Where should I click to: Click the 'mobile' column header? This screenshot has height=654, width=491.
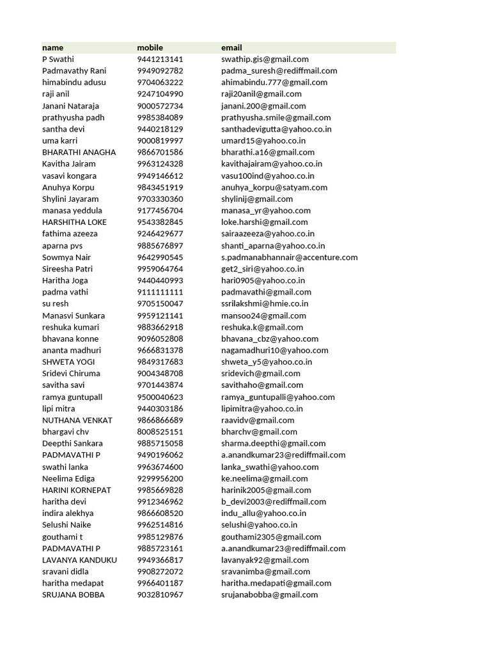click(x=150, y=47)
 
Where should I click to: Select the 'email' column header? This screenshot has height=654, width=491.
click(x=231, y=47)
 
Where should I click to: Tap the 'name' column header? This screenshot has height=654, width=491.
click(x=52, y=47)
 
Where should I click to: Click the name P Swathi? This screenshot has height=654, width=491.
click(x=58, y=59)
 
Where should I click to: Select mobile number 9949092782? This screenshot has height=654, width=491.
click(x=160, y=70)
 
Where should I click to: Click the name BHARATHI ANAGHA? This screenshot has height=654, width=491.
click(x=79, y=152)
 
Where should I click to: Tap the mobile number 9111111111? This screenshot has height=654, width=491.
click(x=160, y=292)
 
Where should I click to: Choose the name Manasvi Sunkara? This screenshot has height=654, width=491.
click(x=74, y=316)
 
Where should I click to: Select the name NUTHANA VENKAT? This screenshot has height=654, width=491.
click(x=77, y=420)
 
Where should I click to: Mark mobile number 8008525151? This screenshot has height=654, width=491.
click(x=160, y=432)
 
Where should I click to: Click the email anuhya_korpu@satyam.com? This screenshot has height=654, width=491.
click(x=274, y=187)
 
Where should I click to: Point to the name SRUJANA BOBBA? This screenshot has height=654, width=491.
click(x=74, y=595)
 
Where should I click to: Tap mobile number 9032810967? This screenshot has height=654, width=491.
click(x=160, y=595)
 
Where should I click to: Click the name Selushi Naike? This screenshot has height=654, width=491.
click(x=66, y=525)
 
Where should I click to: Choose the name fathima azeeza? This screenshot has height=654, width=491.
click(x=70, y=234)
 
